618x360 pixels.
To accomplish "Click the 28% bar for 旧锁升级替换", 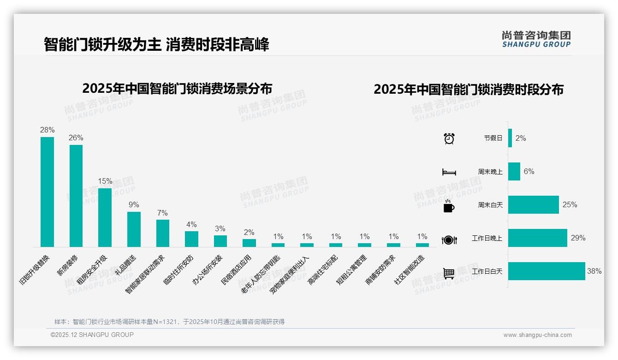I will (47, 192).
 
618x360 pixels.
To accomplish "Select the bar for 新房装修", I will (76, 196).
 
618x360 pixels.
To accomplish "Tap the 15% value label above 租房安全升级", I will (105, 181).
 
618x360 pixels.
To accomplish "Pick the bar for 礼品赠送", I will (134, 229).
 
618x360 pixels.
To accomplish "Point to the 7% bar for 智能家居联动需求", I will (163, 233).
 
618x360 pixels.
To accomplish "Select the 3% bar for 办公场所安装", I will (220, 241).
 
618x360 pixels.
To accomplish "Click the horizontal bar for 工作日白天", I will (547, 271).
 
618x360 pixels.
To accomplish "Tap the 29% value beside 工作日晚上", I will (578, 238).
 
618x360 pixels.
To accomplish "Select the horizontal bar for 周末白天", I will (534, 204).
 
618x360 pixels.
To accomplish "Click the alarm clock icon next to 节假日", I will (449, 138).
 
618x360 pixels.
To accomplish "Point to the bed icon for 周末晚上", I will (449, 172).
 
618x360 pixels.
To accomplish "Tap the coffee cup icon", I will (449, 206).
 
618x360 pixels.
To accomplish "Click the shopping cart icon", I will (449, 273).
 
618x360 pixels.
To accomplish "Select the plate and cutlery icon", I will (449, 240).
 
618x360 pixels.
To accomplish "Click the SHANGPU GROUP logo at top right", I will (536, 39).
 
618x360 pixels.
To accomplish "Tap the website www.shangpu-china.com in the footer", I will (537, 335).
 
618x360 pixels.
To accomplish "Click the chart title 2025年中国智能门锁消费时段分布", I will (469, 90).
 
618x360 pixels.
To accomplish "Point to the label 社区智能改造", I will (409, 270).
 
